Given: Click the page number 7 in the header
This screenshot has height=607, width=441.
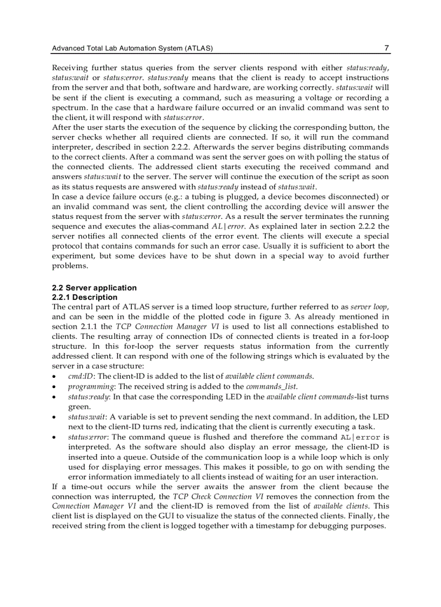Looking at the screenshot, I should click(x=386, y=48).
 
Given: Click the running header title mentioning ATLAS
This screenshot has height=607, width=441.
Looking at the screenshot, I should click(x=132, y=49).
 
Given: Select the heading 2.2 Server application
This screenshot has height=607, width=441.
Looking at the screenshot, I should click(x=94, y=288).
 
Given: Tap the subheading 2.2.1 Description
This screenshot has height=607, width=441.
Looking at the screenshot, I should click(x=84, y=297).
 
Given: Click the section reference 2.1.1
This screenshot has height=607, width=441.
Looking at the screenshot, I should click(x=89, y=326).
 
